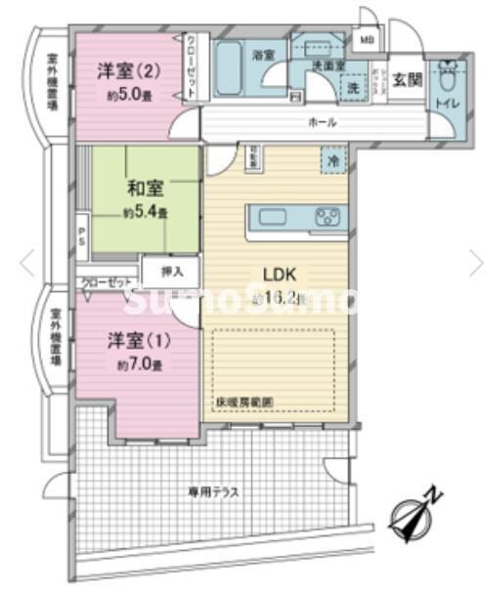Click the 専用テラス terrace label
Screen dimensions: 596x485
coord(214,491)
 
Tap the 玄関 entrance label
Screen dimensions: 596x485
coord(409,80)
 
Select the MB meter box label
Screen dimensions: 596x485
coord(367,40)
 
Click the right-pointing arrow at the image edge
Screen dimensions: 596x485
coord(475,261)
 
